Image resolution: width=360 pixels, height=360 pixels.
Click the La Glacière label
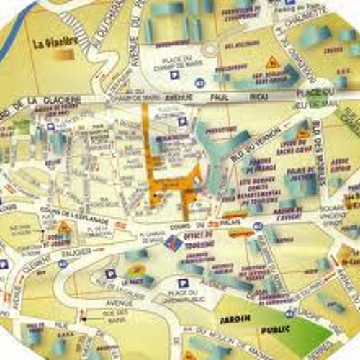tap(53, 42)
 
